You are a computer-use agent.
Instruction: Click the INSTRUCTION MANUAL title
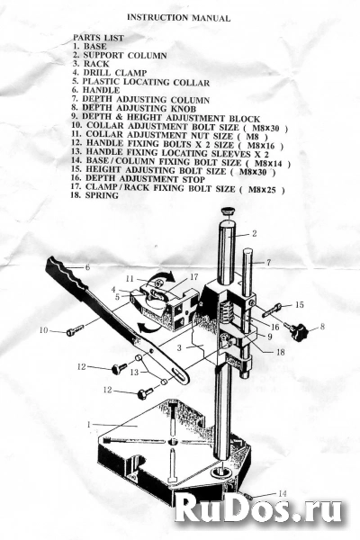click(x=178, y=18)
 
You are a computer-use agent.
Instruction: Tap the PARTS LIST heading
click(x=98, y=38)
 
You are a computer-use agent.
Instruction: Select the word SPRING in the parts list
click(x=102, y=195)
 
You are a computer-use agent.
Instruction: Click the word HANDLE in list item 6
click(x=102, y=90)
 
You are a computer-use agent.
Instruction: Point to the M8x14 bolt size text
click(x=268, y=163)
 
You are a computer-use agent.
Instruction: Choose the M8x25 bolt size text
click(x=262, y=189)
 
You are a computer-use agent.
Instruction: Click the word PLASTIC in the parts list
click(x=102, y=82)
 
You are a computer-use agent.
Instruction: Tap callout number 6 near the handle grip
click(x=87, y=267)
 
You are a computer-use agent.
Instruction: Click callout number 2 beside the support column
click(x=254, y=233)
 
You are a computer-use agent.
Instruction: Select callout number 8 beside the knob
click(x=322, y=326)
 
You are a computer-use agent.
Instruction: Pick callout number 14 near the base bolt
click(x=282, y=493)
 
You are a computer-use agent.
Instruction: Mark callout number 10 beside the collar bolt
click(x=44, y=330)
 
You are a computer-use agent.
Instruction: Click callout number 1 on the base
click(x=88, y=425)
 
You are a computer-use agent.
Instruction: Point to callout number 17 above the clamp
click(x=194, y=276)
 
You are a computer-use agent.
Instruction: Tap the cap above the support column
click(x=228, y=210)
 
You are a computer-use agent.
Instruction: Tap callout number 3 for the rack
click(x=179, y=347)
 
